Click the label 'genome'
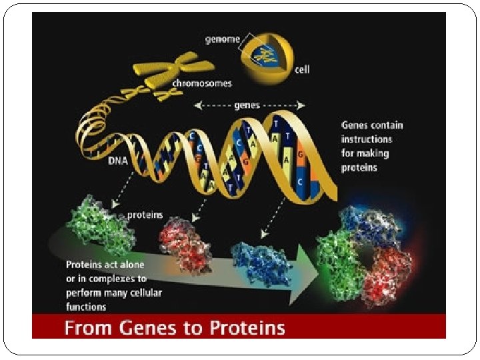(x=222, y=39)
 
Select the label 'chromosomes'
(x=202, y=84)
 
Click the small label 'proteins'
(x=144, y=215)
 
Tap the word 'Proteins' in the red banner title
(x=251, y=327)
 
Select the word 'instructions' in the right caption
(x=367, y=139)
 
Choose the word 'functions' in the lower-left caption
(x=86, y=307)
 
